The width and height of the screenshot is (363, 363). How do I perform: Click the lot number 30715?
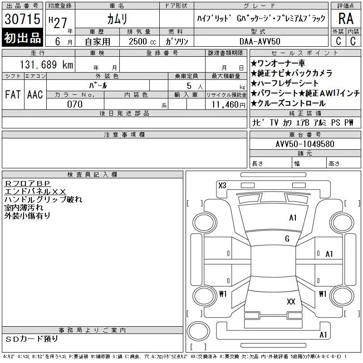[22, 19]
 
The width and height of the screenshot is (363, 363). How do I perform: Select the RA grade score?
[346, 19]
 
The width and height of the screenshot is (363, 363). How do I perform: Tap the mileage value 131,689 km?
[47, 64]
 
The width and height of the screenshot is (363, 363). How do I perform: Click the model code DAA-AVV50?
[260, 41]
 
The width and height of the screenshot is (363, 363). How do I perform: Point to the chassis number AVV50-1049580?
[305, 144]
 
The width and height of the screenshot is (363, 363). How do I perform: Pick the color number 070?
[75, 104]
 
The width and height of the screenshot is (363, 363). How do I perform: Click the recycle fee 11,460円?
[229, 105]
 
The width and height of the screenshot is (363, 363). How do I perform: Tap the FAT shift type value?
[13, 94]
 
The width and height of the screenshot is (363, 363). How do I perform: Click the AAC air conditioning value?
[35, 94]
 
